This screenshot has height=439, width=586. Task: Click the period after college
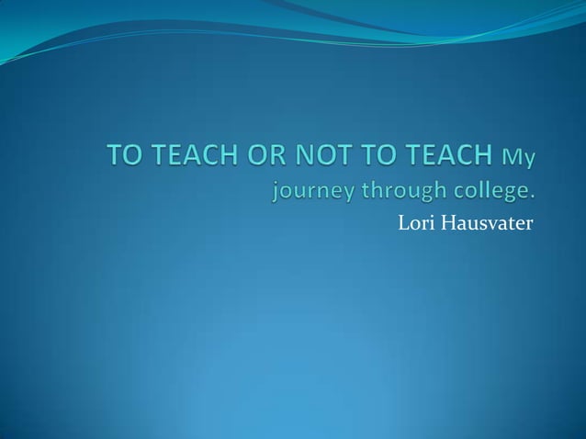[531, 196]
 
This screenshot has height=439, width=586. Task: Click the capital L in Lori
[400, 220]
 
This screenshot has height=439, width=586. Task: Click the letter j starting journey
[276, 192]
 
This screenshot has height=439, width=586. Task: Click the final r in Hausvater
[527, 222]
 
